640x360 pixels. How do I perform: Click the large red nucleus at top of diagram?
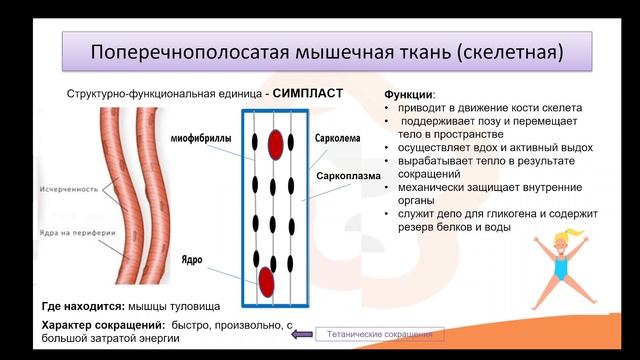coord(275,144)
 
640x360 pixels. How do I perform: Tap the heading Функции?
coord(410,93)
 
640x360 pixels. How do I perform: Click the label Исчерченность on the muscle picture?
coord(71,188)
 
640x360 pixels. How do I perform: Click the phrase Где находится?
coord(83,305)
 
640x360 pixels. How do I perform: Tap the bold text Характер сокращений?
coord(102,326)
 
